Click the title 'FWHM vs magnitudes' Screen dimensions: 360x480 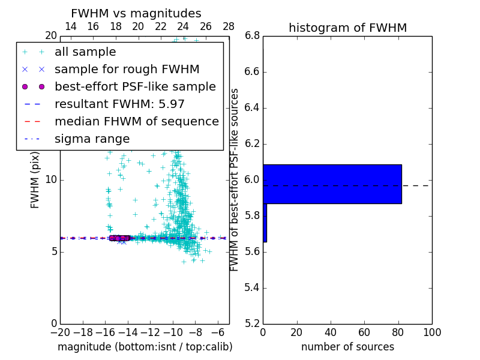tap(136, 14)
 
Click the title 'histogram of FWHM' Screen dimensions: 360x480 tap(347, 28)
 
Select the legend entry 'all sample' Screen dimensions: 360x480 tap(85, 52)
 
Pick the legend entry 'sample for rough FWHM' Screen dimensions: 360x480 tap(127, 70)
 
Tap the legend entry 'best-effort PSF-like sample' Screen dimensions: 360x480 tap(135, 87)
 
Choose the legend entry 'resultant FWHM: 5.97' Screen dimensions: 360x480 tap(119, 104)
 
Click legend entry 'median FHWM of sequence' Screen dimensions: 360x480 tap(136, 122)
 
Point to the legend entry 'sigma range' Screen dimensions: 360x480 tap(92, 139)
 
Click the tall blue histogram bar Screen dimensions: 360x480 tap(332, 184)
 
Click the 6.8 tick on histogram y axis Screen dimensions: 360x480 tap(252, 36)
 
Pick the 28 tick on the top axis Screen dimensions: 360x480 tap(229, 26)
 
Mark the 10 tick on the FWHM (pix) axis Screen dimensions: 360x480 tap(50, 180)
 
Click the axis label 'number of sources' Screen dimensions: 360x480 tap(347, 347)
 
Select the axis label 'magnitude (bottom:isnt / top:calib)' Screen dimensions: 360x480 tap(145, 347)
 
